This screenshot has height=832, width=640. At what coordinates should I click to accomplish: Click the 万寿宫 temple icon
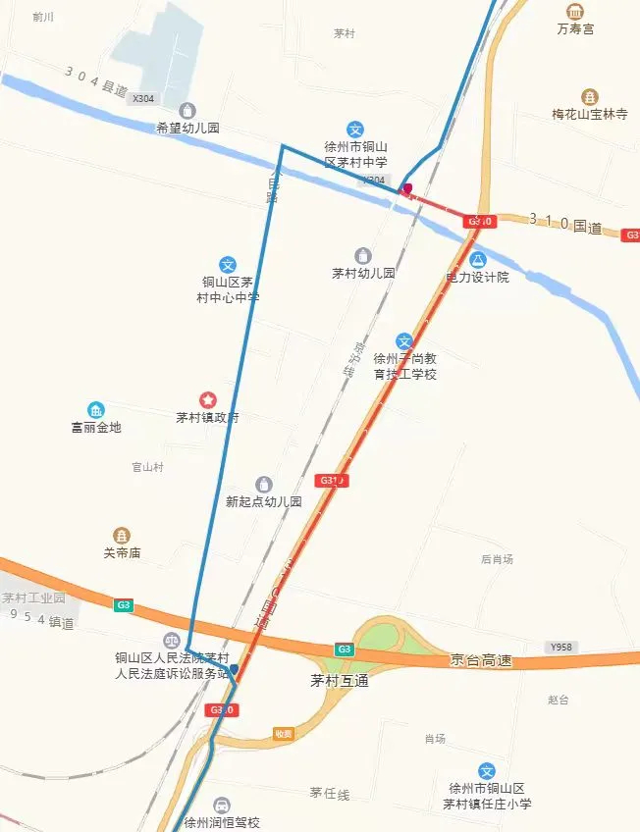pyautogui.click(x=575, y=11)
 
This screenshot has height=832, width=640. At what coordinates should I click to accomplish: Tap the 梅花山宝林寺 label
pyautogui.click(x=589, y=115)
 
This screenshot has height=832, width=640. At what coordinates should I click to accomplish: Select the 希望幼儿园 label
pyautogui.click(x=187, y=128)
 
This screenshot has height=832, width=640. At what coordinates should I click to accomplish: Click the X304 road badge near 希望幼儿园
pyautogui.click(x=143, y=98)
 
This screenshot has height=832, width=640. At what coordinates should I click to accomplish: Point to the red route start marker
pyautogui.click(x=407, y=188)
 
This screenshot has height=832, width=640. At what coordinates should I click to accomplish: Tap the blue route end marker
pyautogui.click(x=234, y=669)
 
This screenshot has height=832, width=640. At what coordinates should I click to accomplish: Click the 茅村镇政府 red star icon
pyautogui.click(x=208, y=399)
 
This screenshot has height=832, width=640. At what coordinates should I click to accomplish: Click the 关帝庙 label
pyautogui.click(x=122, y=552)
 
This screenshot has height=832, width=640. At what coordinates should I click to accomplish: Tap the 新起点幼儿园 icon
pyautogui.click(x=263, y=484)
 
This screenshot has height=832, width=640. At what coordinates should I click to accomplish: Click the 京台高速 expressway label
pyautogui.click(x=481, y=660)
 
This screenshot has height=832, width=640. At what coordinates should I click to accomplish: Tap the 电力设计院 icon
pyautogui.click(x=478, y=260)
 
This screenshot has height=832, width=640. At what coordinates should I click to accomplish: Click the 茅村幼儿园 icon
pyautogui.click(x=363, y=256)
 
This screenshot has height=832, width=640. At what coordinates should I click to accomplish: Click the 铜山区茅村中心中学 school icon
pyautogui.click(x=228, y=265)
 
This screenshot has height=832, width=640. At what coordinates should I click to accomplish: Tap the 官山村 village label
pyautogui.click(x=147, y=467)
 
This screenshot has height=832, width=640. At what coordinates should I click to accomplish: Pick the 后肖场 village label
pyautogui.click(x=497, y=559)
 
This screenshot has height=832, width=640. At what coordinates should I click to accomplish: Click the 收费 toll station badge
pyautogui.click(x=284, y=733)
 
